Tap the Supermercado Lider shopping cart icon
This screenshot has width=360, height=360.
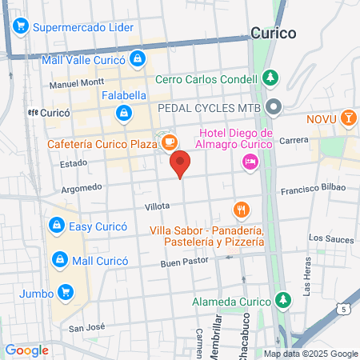18,27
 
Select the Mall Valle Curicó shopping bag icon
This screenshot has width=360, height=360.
138,58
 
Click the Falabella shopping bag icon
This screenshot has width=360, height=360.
123,114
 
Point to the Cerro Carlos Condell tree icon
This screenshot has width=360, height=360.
271,78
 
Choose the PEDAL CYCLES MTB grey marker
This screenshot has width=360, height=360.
274,106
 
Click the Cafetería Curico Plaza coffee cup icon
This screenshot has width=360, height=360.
168,142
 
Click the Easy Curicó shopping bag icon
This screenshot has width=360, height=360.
57,226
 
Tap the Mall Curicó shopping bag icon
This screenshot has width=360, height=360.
59,259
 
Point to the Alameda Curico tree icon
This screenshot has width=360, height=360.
282,301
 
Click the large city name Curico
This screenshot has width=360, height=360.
273,34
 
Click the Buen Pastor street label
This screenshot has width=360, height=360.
183,262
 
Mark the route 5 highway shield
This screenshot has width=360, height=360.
343,308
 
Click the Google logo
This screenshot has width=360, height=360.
26,350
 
